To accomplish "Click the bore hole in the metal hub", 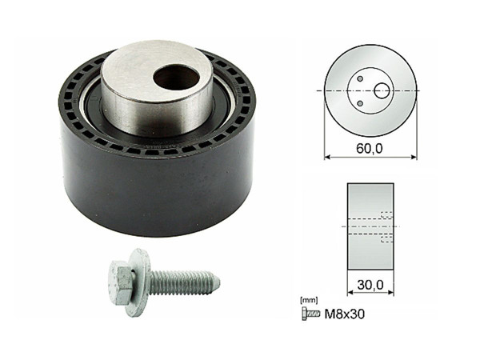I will coord(176,78).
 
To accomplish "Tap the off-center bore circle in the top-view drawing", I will coord(382,91).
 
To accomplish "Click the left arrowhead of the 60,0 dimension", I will coord(327,158).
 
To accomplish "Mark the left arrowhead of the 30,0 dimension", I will coord(350,290).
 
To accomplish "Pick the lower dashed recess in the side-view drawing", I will coord(386,238).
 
